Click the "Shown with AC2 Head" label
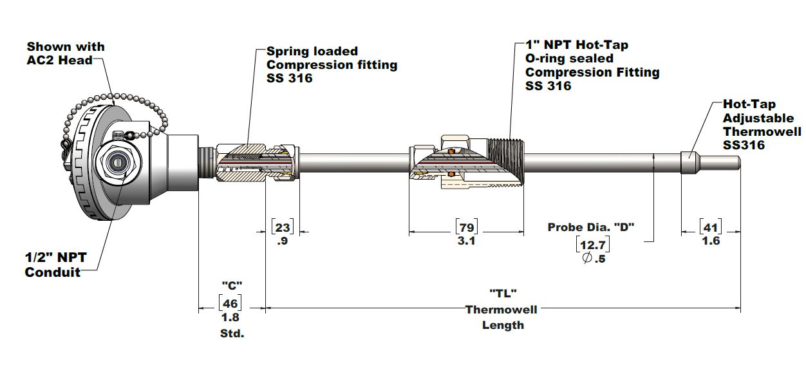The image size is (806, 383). tap(65, 53)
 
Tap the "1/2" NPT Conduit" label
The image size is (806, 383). tap(55, 265)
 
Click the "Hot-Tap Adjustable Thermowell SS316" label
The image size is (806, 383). tap(762, 124)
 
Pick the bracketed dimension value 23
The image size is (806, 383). tap(283, 227)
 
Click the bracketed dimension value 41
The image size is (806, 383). tap(710, 227)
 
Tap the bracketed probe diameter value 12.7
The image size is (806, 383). tap(592, 245)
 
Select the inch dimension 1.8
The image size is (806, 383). tap(231, 317)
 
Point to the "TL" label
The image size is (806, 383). tap(503, 293)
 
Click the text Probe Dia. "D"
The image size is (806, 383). tap(591, 227)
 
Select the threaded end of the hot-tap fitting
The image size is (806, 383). tap(509, 162)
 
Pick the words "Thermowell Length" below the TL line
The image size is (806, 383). tap(502, 317)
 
